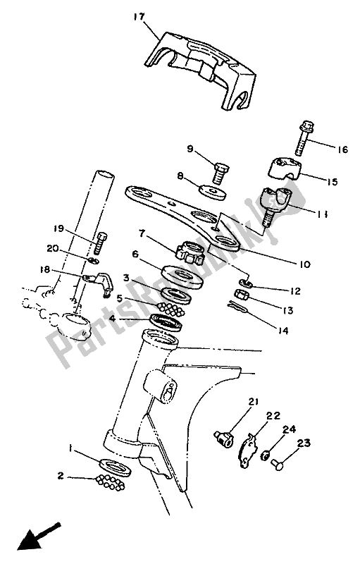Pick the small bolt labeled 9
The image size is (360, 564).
[x=218, y=171]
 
